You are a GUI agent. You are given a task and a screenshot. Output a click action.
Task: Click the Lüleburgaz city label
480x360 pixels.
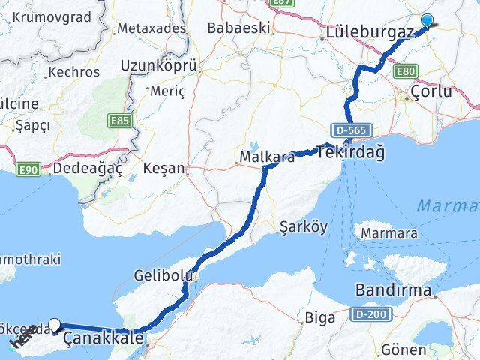(370, 33)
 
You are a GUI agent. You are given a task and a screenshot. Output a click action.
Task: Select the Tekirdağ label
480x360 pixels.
(351, 152)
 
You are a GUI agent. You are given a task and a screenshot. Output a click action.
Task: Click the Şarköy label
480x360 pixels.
(303, 226)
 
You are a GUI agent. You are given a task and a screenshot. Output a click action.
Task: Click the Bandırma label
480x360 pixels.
(394, 289)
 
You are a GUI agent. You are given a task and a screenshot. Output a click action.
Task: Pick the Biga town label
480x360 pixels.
(320, 317)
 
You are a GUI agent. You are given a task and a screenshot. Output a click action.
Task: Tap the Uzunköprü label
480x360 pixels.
(159, 67)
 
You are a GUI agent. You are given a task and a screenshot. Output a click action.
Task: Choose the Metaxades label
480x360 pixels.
(151, 28)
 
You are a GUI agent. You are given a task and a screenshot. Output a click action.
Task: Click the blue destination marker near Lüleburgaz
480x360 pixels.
(427, 21)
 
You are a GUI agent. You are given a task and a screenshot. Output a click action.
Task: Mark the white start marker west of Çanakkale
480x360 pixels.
(55, 325)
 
